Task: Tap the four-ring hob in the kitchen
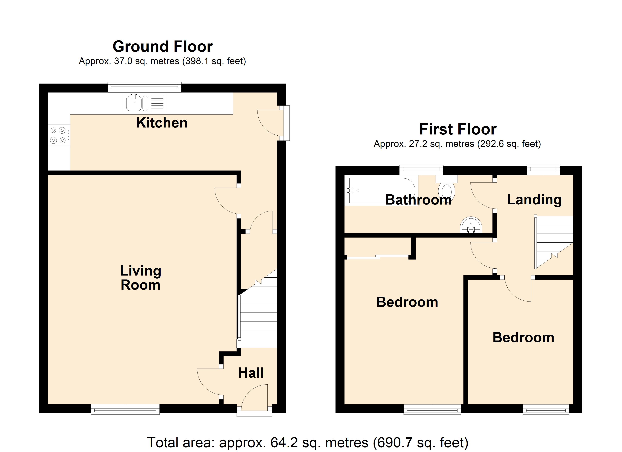[58, 135]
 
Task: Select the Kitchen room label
[162, 123]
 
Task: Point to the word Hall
[251, 373]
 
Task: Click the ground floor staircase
[258, 318]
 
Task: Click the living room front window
[125, 410]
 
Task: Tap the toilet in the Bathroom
[447, 189]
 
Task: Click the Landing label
[534, 200]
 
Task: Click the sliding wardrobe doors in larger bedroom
[378, 257]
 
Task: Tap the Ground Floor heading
[163, 47]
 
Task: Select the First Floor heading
[458, 129]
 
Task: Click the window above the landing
[543, 170]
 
